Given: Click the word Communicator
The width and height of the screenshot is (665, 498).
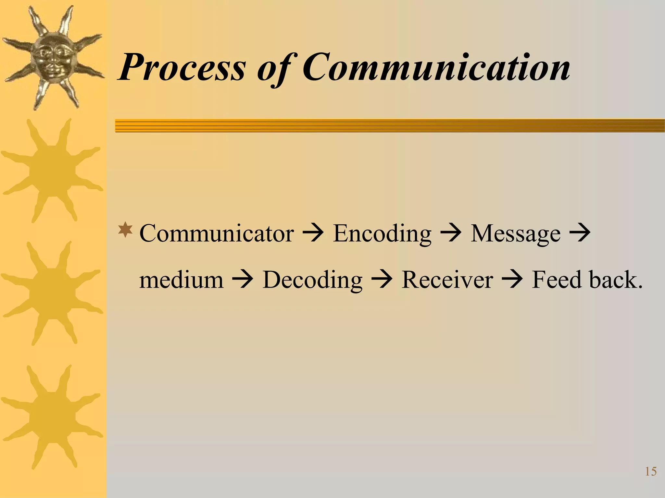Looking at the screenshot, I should (217, 233).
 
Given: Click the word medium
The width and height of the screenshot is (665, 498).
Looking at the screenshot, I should (181, 280).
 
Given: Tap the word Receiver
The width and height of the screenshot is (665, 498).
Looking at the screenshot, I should (447, 280).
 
